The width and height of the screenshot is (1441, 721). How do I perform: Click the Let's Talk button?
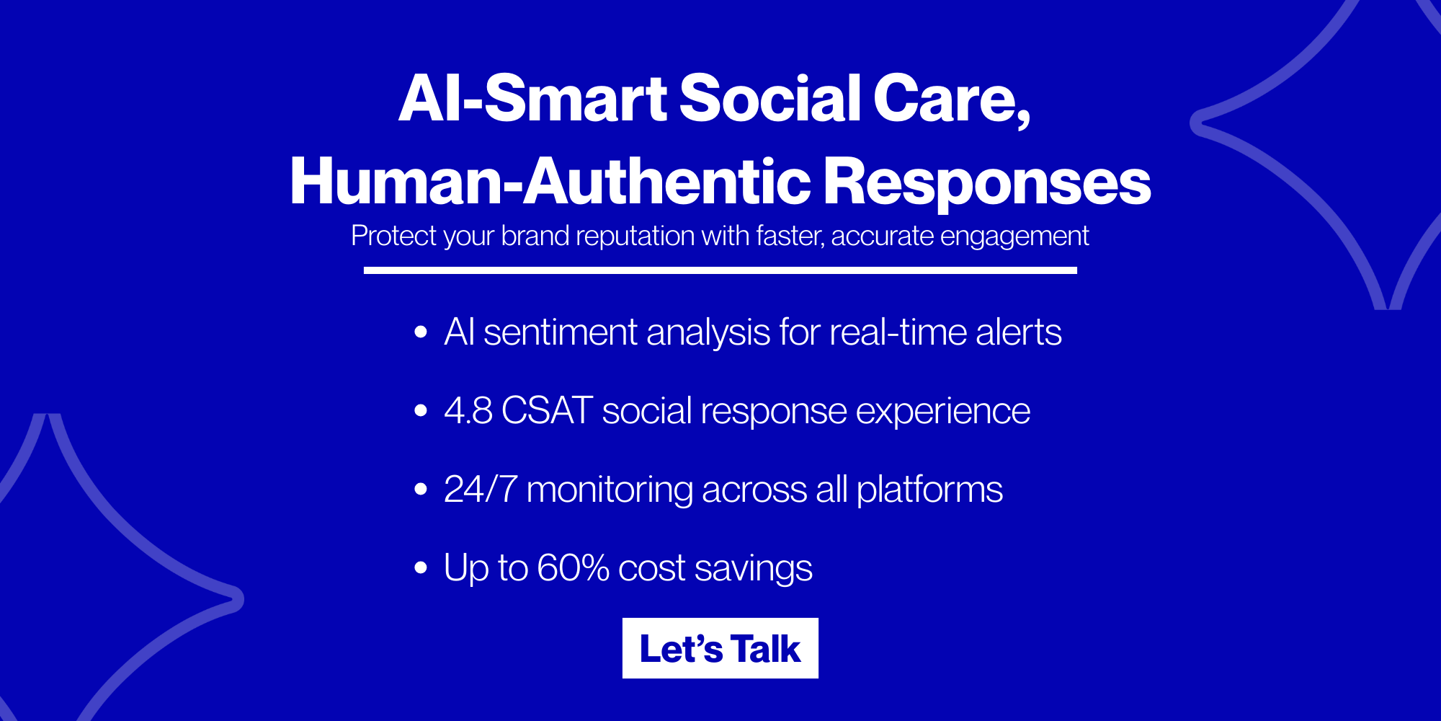pyautogui.click(x=720, y=648)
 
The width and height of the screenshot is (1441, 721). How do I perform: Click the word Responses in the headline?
pyautogui.click(x=987, y=182)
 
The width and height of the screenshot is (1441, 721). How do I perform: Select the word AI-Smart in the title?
pyautogui.click(x=533, y=99)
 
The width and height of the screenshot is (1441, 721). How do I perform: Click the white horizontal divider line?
pyautogui.click(x=720, y=270)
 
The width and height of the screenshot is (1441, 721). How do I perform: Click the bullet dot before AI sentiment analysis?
pyautogui.click(x=421, y=332)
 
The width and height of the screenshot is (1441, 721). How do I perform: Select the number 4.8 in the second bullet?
pyautogui.click(x=468, y=411)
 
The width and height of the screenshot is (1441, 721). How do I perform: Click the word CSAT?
pyautogui.click(x=547, y=411)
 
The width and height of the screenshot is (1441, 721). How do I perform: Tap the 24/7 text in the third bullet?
pyautogui.click(x=481, y=490)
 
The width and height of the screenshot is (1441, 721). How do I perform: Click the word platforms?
pyautogui.click(x=929, y=490)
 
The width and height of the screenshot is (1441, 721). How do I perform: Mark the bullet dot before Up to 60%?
pyautogui.click(x=421, y=568)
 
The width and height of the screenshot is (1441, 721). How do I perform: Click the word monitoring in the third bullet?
pyautogui.click(x=610, y=490)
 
